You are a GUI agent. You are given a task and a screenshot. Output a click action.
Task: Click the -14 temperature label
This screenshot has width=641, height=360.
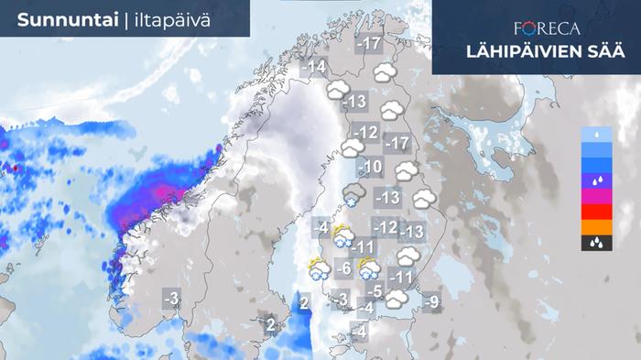tap(314, 67)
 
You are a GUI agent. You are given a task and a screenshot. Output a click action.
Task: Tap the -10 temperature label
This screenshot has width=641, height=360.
tap(370, 167)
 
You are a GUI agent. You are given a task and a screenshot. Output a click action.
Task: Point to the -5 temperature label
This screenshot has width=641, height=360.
tap(374, 291)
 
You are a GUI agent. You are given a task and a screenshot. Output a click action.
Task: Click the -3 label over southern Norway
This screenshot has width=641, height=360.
tap(171, 299)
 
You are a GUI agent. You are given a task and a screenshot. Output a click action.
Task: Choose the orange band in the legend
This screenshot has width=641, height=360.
tap(595, 227)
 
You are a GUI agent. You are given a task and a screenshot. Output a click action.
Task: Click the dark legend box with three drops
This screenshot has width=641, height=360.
tap(595, 243)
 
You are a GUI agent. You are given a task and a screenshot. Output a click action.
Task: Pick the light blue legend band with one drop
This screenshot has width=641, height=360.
tap(595, 135)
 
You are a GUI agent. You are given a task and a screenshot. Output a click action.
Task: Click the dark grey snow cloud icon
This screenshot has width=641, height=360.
tap(354, 194)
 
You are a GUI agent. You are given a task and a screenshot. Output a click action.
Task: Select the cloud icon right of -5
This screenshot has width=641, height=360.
tap(397, 299)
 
